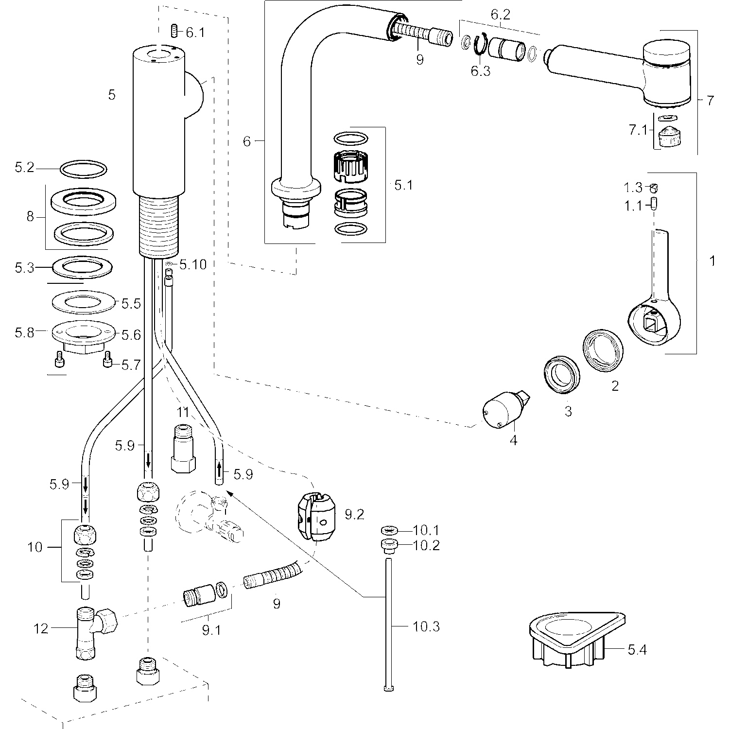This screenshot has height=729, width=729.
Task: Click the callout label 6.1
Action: tap(195, 33)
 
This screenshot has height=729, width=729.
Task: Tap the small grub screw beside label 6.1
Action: tap(173, 31)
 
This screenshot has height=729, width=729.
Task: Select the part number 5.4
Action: tap(637, 649)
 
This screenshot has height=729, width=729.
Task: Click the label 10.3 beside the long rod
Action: tap(426, 626)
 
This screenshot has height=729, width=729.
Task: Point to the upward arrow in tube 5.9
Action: tap(219, 470)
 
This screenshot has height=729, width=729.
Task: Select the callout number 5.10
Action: tap(193, 265)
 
